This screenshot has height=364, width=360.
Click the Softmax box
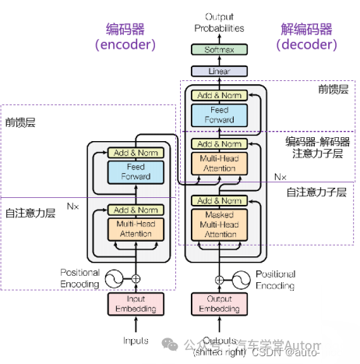coord(219,50)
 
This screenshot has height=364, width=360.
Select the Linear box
coord(219,71)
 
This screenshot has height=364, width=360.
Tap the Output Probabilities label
coord(219,23)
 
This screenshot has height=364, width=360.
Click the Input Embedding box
coord(136,304)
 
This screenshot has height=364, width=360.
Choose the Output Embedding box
coord(219,304)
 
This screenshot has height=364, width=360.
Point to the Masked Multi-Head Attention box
coord(219,224)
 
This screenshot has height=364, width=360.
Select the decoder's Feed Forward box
coord(219,115)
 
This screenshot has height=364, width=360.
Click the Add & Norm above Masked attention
coord(219,201)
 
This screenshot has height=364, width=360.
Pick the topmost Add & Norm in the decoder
coord(219,96)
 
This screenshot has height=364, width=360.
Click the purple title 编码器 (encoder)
coord(125,37)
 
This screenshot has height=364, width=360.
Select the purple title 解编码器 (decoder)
coord(307,37)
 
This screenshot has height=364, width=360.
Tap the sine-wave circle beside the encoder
coord(114,278)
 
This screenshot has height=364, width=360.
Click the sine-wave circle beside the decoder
coord(242,278)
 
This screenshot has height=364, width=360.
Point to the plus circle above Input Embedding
coord(136,278)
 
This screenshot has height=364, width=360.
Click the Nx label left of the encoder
coord(72,207)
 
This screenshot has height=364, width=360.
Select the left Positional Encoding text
coord(80,278)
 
